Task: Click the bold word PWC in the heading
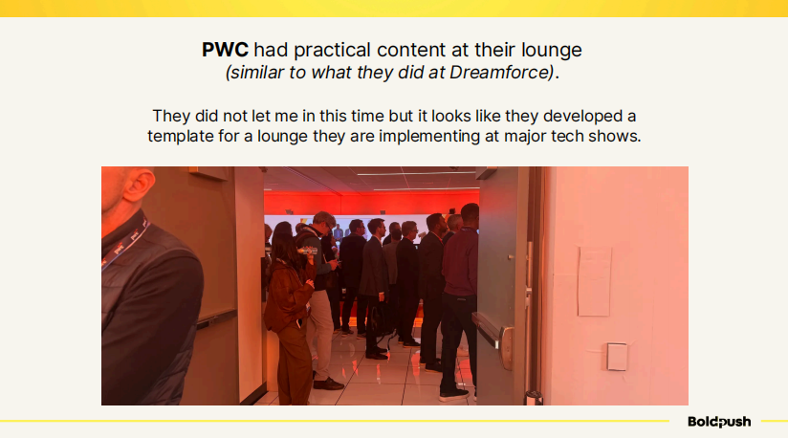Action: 225,50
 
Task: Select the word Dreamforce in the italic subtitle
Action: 501,73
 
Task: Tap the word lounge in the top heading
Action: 551,51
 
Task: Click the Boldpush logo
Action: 719,422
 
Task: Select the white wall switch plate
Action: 616,356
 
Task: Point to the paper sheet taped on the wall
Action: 595,281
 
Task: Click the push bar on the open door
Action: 492,335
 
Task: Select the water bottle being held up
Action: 307,251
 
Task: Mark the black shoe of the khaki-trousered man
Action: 328,383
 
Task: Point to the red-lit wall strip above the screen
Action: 371,203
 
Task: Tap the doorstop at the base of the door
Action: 534,397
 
